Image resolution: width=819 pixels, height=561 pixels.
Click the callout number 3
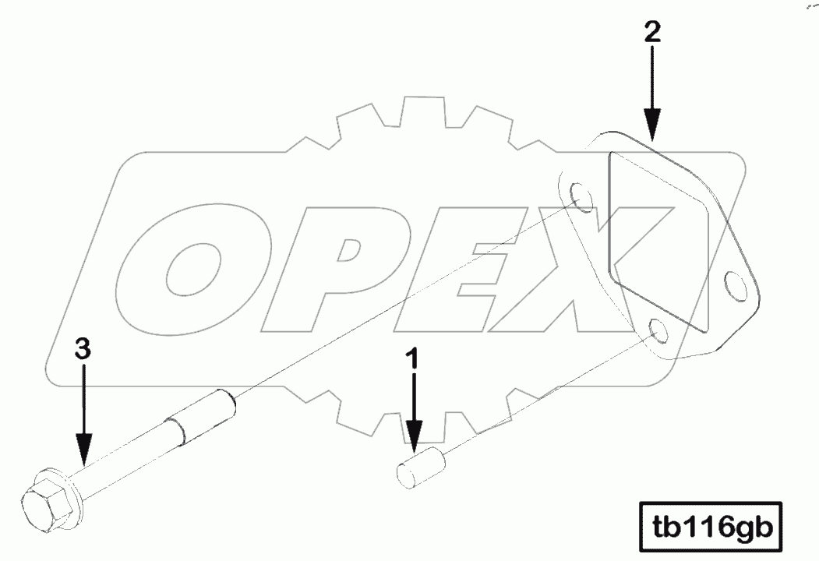83,349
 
